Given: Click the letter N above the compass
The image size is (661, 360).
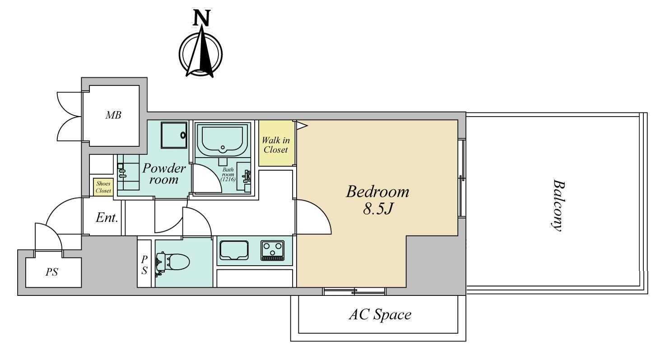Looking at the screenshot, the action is [202, 18].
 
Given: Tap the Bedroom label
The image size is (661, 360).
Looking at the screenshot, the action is [377, 192].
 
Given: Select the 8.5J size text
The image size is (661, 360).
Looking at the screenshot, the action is [378, 209].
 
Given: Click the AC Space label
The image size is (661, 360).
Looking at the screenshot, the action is [380, 314].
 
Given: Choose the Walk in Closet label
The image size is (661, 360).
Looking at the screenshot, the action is [275, 145].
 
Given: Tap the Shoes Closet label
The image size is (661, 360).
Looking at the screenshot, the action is [103, 187].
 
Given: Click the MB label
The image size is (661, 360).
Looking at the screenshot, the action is [113, 115].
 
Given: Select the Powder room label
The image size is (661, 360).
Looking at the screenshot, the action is [164, 173].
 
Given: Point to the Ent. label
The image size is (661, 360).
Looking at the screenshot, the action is [107, 218].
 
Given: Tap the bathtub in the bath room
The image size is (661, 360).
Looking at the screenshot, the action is [223, 140].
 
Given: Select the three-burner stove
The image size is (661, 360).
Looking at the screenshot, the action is [272, 250].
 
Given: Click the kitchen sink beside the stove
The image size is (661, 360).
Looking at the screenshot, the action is [234, 250].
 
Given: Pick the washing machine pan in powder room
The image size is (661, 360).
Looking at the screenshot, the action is [174, 135].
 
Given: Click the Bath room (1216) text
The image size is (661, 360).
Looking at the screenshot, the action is [228, 174].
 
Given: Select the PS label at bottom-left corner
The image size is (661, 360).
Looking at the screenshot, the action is [51, 272].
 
